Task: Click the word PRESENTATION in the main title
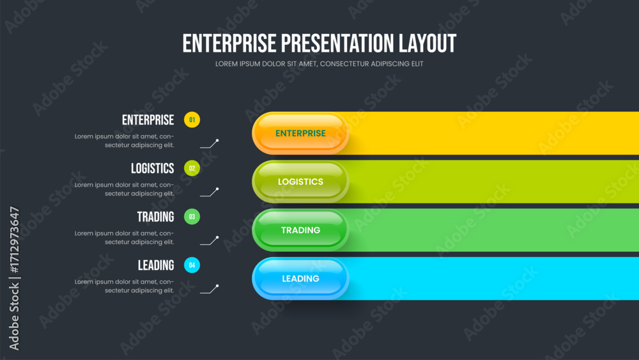(337, 43)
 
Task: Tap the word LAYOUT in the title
(427, 43)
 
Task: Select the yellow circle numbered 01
(192, 120)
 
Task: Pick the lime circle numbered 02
(192, 168)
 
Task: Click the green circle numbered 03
(192, 217)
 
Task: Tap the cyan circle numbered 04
(192, 265)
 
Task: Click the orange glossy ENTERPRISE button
(300, 133)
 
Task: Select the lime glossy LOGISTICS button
(300, 182)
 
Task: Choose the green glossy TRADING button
(300, 230)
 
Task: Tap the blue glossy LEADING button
(300, 278)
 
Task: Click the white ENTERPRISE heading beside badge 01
(148, 120)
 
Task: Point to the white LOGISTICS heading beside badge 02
(153, 168)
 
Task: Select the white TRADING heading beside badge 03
(155, 217)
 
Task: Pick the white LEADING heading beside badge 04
(156, 265)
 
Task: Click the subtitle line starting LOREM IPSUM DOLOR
(319, 64)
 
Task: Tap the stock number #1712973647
(14, 240)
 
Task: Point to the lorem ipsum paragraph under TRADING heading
(124, 238)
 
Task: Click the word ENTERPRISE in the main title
(229, 43)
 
